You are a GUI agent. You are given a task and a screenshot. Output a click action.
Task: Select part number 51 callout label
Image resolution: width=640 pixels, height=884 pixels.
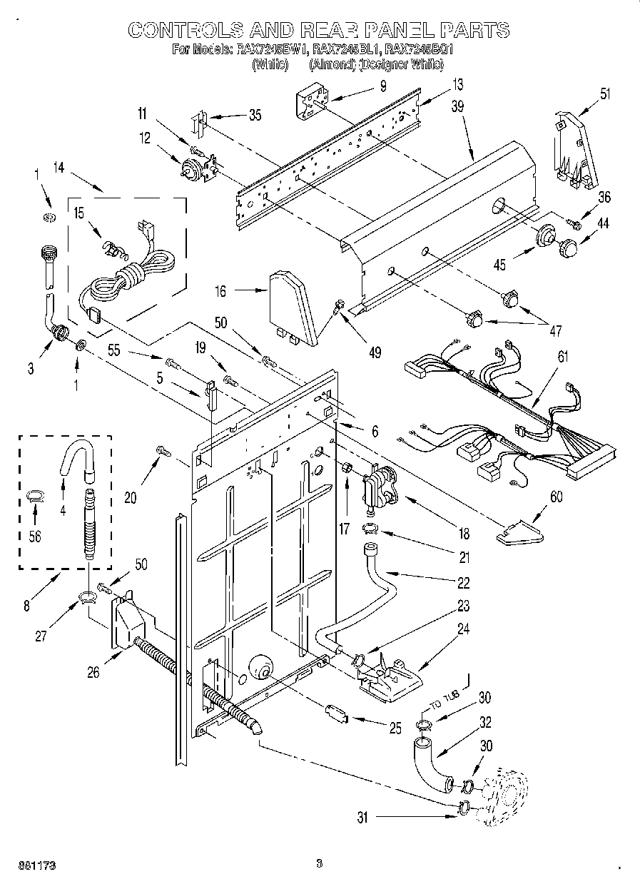pyautogui.click(x=606, y=93)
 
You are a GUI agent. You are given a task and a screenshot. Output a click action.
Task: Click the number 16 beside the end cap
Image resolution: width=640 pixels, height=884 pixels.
pyautogui.click(x=220, y=290)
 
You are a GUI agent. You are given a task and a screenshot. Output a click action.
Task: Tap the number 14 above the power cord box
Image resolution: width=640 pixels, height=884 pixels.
pyautogui.click(x=59, y=169)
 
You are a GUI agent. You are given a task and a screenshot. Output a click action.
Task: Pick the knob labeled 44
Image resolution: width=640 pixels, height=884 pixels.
pyautogui.click(x=568, y=246)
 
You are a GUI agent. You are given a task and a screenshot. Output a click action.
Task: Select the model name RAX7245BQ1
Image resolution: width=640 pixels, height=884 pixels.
pyautogui.click(x=419, y=51)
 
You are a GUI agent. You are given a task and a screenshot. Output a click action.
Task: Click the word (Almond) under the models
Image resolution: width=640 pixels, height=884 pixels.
pyautogui.click(x=332, y=64)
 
